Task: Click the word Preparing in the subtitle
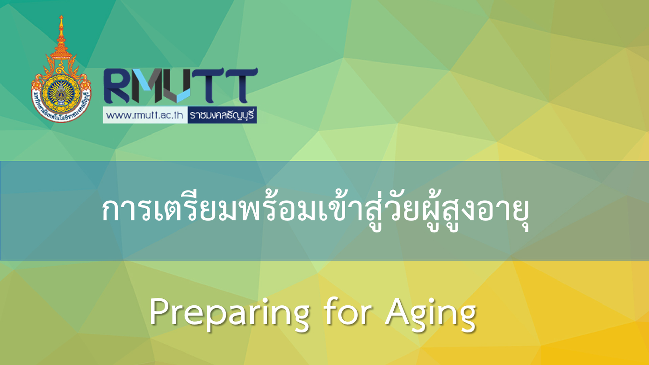coord(229,313)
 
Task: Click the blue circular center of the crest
coord(61,93)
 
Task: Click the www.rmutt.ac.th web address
coord(145,115)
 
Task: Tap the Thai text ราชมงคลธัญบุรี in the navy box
coord(222,115)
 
